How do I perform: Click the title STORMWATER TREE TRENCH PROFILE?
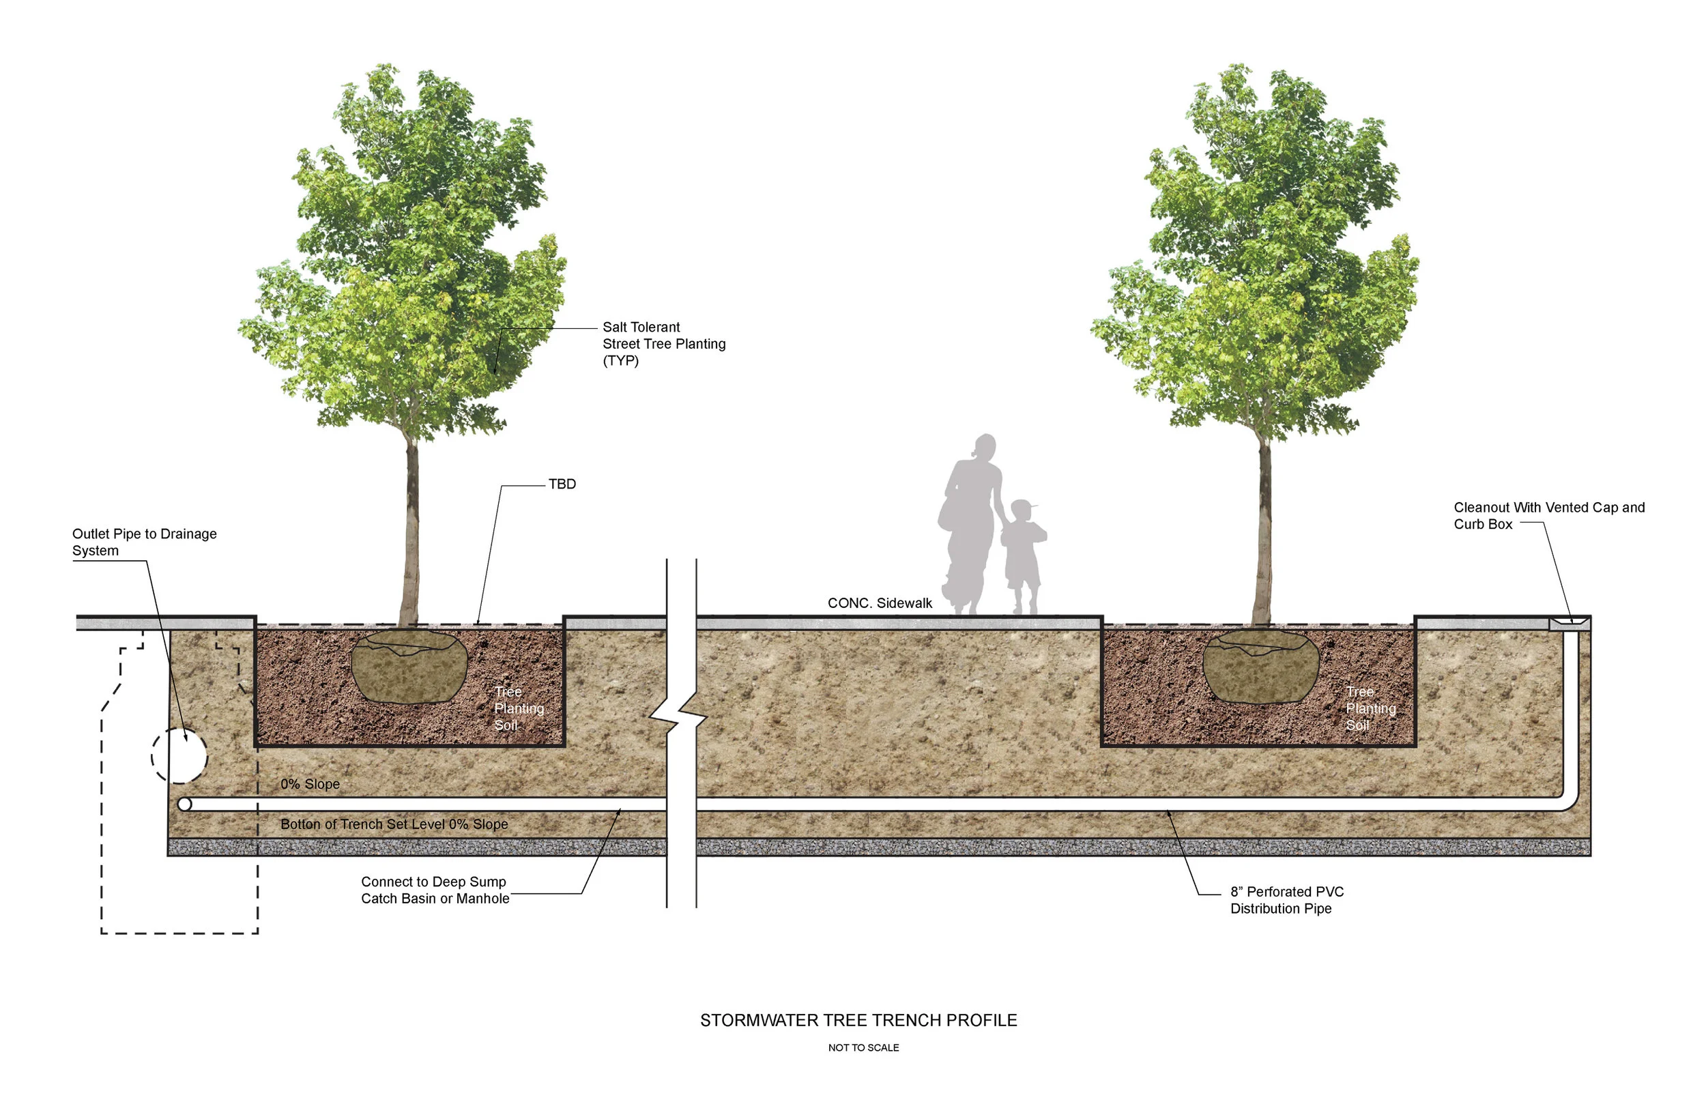click(x=858, y=1020)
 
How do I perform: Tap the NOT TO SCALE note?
click(x=863, y=1047)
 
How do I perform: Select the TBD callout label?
click(x=562, y=484)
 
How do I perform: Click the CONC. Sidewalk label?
click(x=880, y=603)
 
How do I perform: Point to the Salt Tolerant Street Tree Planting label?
click(x=663, y=343)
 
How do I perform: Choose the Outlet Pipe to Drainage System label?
click(x=144, y=542)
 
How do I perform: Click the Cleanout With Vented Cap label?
click(x=1548, y=515)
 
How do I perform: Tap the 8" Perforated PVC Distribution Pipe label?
click(x=1287, y=900)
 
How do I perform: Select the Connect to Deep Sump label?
click(x=435, y=890)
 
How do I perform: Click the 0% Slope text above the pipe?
click(x=310, y=783)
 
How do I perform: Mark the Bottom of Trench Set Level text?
click(x=394, y=824)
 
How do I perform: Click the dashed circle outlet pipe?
click(x=179, y=755)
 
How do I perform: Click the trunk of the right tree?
click(x=1263, y=530)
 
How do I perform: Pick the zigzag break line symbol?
click(x=678, y=714)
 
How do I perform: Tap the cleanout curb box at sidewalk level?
click(x=1569, y=623)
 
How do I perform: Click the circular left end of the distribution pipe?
click(x=184, y=804)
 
